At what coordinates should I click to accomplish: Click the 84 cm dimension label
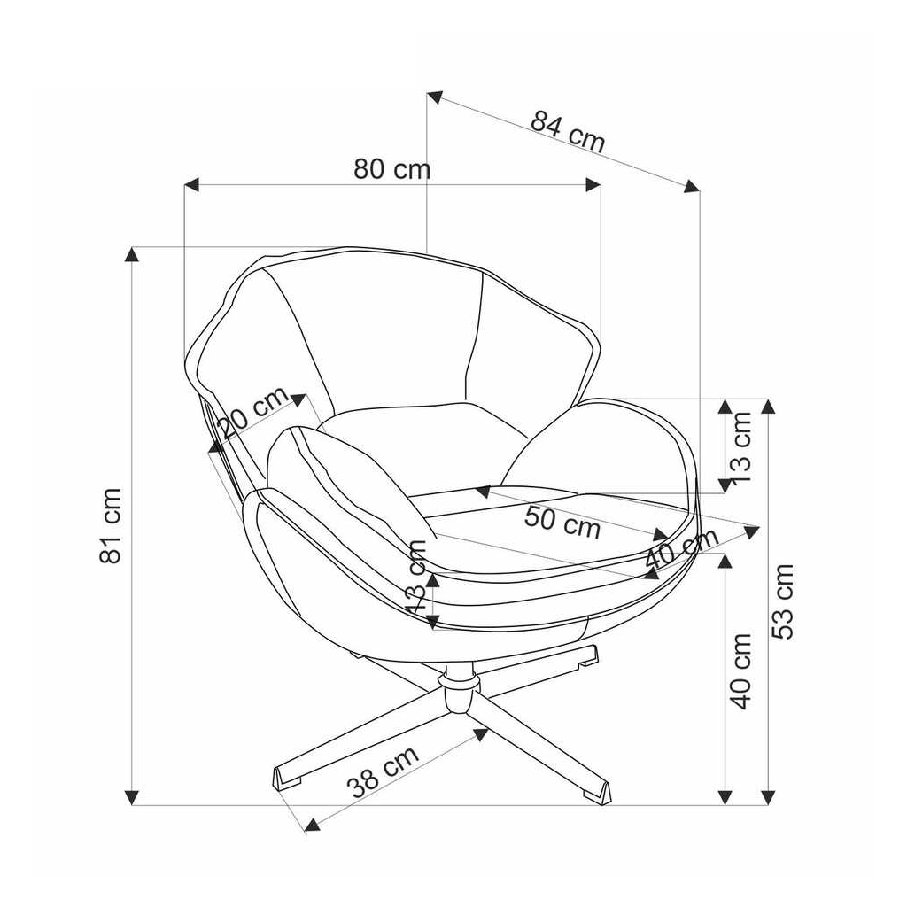568,131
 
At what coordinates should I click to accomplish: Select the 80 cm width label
391,169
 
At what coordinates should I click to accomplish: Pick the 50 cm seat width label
562,522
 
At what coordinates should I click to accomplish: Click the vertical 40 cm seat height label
742,671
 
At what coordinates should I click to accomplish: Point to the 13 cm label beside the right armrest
742,441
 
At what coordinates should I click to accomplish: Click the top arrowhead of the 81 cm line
133,254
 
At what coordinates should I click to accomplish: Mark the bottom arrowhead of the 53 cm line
768,798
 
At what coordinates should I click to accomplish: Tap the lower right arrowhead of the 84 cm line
692,186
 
